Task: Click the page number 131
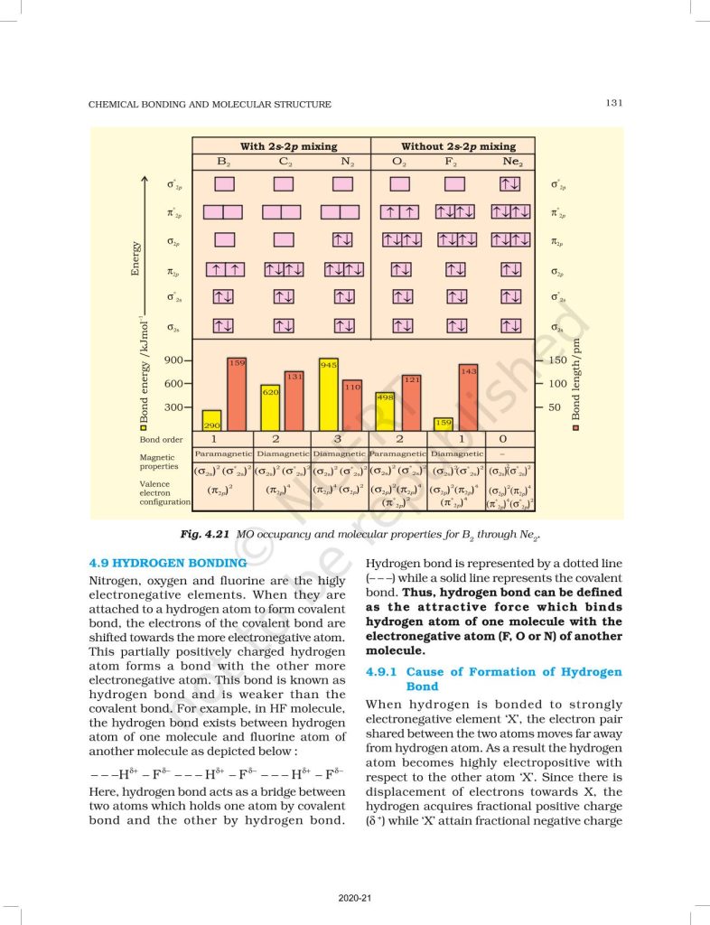point(613,103)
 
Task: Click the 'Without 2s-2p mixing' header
point(458,145)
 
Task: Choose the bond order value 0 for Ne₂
point(515,439)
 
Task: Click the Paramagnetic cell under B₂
point(222,453)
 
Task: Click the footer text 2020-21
point(354,899)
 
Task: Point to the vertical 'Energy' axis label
point(137,259)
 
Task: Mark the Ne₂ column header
point(511,162)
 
